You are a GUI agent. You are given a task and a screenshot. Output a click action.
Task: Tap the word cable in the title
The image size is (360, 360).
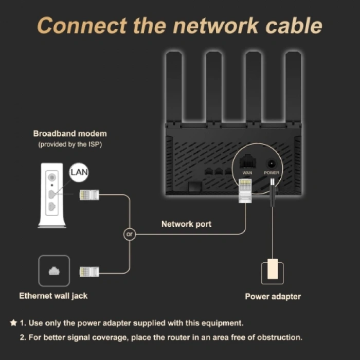pyautogui.click(x=294, y=25)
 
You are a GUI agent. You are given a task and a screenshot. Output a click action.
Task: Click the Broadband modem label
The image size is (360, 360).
pyautogui.click(x=70, y=134)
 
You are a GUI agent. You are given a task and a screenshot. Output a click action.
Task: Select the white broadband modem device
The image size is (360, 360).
pyautogui.click(x=52, y=195)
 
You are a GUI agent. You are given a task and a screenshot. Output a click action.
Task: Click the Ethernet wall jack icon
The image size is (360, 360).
pyautogui.click(x=54, y=271)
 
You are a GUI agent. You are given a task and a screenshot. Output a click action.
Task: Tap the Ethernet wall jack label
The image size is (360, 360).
pyautogui.click(x=53, y=296)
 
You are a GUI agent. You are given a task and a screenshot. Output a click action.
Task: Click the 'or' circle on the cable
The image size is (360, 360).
pyautogui.click(x=130, y=234)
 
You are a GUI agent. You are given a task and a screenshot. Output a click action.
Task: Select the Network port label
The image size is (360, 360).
pyautogui.click(x=186, y=224)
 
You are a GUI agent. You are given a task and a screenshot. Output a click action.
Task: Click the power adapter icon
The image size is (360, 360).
pyautogui.click(x=272, y=272)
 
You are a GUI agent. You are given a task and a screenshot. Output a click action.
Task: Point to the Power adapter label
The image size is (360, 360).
pyautogui.click(x=273, y=296)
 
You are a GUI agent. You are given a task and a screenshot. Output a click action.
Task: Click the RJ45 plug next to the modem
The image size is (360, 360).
pyautogui.click(x=89, y=195)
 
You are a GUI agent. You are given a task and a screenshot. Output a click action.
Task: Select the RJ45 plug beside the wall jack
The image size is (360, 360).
pyautogui.click(x=89, y=272)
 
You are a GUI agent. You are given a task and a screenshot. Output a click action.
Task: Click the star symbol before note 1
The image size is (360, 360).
pyautogui.click(x=13, y=323)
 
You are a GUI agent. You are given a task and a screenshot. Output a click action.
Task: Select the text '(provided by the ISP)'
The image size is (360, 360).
pyautogui.click(x=70, y=145)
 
